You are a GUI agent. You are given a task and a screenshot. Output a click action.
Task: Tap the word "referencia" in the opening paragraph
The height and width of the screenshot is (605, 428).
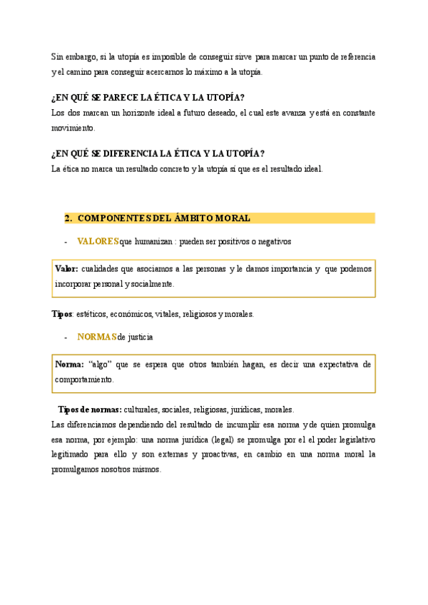354,56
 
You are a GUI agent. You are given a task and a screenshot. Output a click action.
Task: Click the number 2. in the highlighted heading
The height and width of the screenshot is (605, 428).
68,218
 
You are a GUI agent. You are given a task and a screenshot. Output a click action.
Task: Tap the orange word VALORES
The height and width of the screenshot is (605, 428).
98,242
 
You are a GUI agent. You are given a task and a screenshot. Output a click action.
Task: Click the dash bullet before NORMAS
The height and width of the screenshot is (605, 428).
66,337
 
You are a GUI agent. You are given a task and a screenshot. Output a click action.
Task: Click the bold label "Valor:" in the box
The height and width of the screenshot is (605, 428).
66,269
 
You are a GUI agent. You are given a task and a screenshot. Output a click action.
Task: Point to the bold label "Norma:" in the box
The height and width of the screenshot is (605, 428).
69,365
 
